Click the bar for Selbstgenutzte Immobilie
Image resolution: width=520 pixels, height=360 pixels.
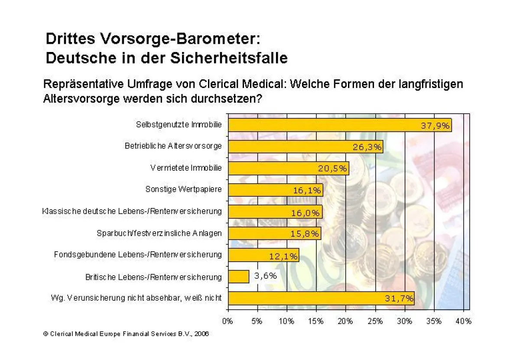pyautogui.click(x=340, y=125)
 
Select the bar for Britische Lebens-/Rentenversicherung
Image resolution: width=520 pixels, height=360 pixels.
pyautogui.click(x=238, y=276)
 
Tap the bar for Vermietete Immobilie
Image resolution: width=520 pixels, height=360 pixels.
pyautogui.click(x=288, y=169)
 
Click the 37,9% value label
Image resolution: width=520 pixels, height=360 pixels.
pyautogui.click(x=435, y=126)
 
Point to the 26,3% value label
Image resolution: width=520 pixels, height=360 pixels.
pyautogui.click(x=367, y=147)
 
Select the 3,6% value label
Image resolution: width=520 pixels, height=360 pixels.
pyautogui.click(x=265, y=276)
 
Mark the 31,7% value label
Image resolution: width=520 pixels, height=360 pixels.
pyautogui.click(x=399, y=298)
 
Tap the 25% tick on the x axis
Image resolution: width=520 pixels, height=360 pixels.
pyautogui.click(x=375, y=321)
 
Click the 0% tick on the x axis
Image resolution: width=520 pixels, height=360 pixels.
pyautogui.click(x=228, y=321)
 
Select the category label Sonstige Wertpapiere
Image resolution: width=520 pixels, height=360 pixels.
pyautogui.click(x=183, y=189)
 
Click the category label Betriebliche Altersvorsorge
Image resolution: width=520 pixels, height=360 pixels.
pyautogui.click(x=173, y=146)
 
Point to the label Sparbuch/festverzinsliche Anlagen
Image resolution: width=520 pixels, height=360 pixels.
pyautogui.click(x=159, y=233)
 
